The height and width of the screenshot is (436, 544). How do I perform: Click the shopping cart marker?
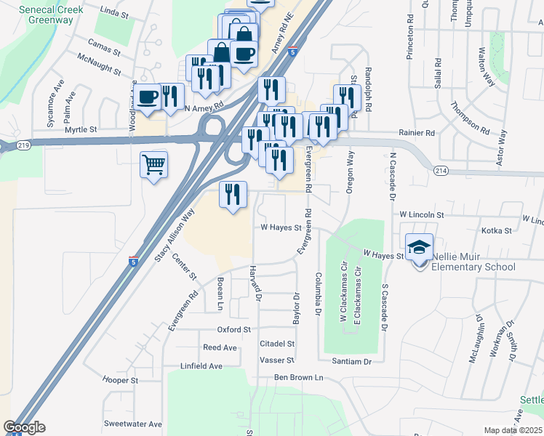pyautogui.click(x=153, y=165)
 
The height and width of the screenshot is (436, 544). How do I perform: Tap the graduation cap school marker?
pyautogui.click(x=419, y=247)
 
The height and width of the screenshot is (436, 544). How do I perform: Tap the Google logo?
pyautogui.click(x=24, y=427)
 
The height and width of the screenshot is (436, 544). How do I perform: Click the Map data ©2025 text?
pyautogui.click(x=513, y=430)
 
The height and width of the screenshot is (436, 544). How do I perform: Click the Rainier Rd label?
pyautogui.click(x=416, y=133)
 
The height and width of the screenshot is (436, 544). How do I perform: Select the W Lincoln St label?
pyautogui.click(x=421, y=215)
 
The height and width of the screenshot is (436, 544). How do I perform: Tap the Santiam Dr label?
pyautogui.click(x=352, y=361)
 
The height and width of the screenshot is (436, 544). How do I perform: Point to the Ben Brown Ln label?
pyautogui.click(x=297, y=377)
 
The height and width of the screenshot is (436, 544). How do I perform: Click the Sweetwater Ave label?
pyautogui.click(x=132, y=424)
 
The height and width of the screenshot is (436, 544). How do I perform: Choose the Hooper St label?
pyautogui.click(x=120, y=380)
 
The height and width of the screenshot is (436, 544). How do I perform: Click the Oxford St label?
pyautogui.click(x=233, y=329)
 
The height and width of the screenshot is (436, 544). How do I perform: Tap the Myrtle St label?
pyautogui.click(x=81, y=129)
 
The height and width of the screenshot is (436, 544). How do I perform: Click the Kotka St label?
pyautogui.click(x=497, y=230)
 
